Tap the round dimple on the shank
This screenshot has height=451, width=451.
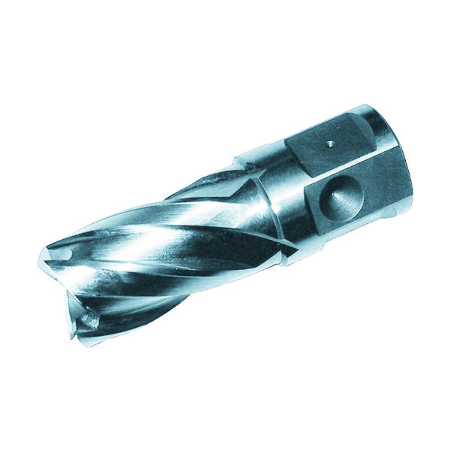(340, 198)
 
